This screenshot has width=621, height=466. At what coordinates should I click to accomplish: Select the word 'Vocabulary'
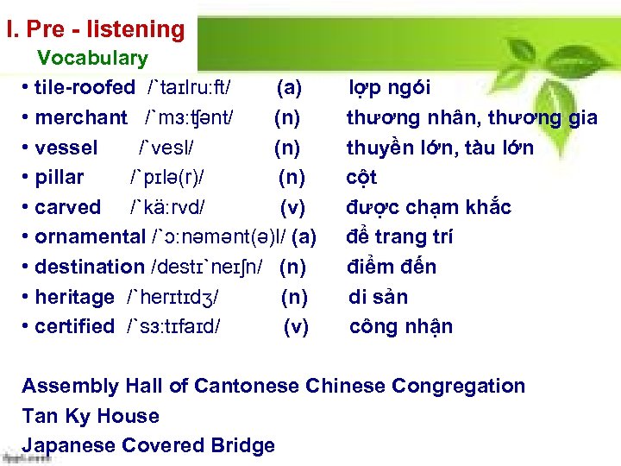pos(92,59)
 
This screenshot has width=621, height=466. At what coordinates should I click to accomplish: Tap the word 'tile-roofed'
pos(85,88)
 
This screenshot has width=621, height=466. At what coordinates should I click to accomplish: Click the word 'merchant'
pos(81,117)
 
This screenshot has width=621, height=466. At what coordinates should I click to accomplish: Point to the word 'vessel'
pos(66,148)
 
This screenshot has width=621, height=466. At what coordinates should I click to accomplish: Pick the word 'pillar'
pos(60,178)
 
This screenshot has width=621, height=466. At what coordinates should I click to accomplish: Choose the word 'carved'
pos(67,207)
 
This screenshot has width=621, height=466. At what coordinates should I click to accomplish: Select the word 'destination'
pos(90,267)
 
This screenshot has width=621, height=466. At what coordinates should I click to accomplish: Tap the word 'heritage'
pos(74,297)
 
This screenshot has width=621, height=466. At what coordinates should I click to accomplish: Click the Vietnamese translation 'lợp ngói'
pos(389,88)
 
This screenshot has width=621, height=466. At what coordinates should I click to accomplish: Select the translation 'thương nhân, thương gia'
pos(471,117)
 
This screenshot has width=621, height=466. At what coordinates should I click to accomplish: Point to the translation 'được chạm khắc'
pos(429,207)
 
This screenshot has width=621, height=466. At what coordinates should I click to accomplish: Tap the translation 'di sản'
pos(378,297)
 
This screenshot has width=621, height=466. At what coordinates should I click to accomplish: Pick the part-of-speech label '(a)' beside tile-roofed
pos(288,88)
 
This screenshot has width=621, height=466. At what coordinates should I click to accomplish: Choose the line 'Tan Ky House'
pos(91,416)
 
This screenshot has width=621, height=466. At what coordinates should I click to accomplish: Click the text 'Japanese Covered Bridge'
pos(148,445)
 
